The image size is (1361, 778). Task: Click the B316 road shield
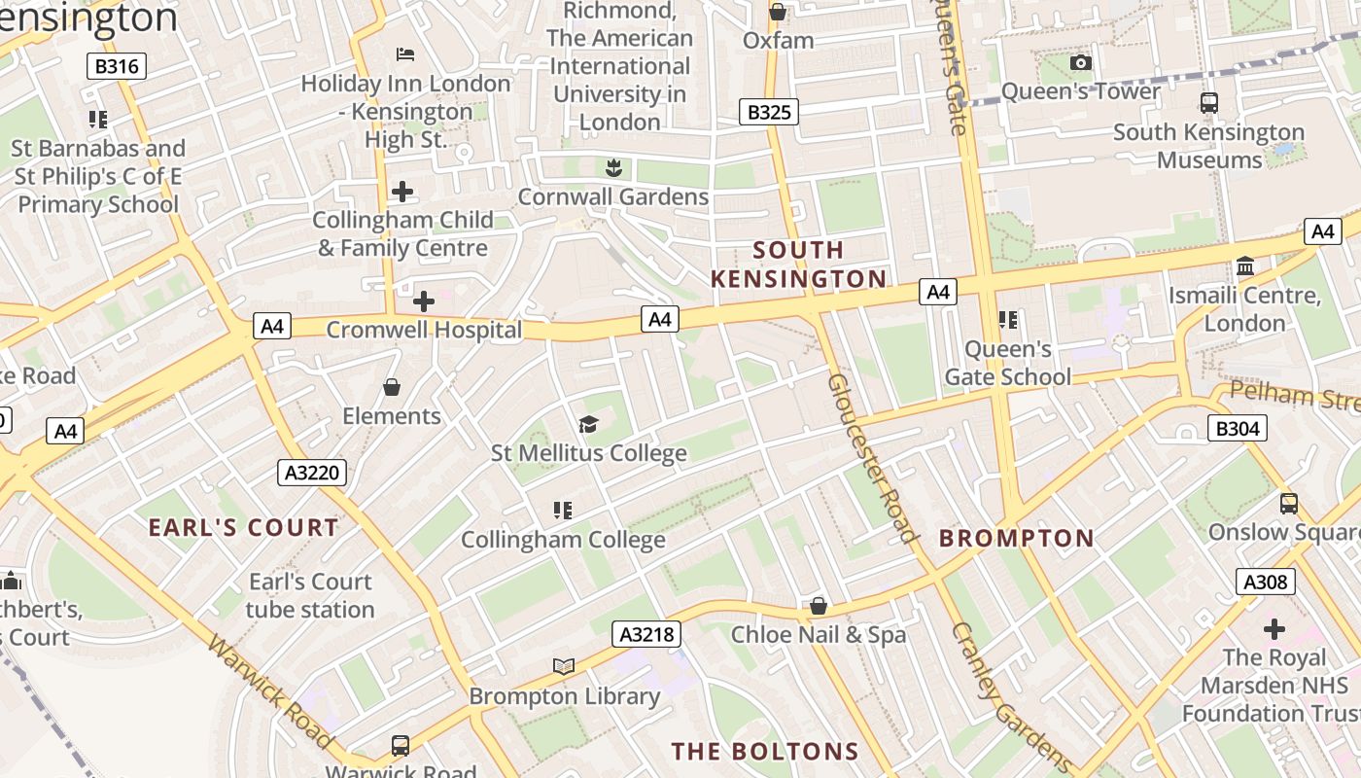pyautogui.click(x=118, y=66)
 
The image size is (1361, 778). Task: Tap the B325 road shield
pyautogui.click(x=768, y=112)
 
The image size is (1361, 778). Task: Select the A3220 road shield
pyautogui.click(x=312, y=473)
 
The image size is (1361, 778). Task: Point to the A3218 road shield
pyautogui.click(x=646, y=635)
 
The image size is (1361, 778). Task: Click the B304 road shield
pyautogui.click(x=1237, y=428)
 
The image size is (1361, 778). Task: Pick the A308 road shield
pyautogui.click(x=1266, y=582)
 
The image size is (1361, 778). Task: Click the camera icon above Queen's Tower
pyautogui.click(x=1080, y=63)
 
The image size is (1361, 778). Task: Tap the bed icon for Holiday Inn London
pyautogui.click(x=405, y=53)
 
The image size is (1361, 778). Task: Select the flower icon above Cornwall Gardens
pyautogui.click(x=612, y=168)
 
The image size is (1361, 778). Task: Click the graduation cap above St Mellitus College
pyautogui.click(x=588, y=424)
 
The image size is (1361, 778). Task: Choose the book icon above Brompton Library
pyautogui.click(x=564, y=666)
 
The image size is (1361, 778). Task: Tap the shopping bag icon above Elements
pyautogui.click(x=392, y=387)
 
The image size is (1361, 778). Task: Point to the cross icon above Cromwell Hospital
pyautogui.click(x=424, y=301)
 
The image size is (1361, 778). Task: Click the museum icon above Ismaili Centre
pyautogui.click(x=1244, y=266)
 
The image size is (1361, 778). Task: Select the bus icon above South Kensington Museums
pyautogui.click(x=1208, y=102)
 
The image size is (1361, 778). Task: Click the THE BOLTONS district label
pyautogui.click(x=765, y=751)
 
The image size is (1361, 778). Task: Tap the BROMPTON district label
pyautogui.click(x=1017, y=538)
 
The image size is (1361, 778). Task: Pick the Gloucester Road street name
pyautogui.click(x=872, y=457)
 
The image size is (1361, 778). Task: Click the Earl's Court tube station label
pyautogui.click(x=310, y=595)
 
